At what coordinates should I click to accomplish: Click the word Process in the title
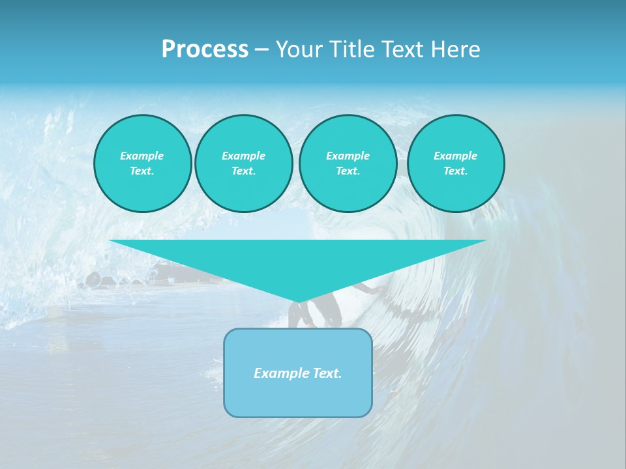[x=205, y=50]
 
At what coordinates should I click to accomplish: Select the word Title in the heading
[x=353, y=50]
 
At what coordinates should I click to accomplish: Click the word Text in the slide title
[x=403, y=50]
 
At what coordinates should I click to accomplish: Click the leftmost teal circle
[x=142, y=163]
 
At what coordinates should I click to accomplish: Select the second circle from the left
[x=243, y=163]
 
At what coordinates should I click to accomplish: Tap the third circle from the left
[x=348, y=163]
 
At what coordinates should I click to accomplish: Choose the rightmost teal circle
[x=455, y=163]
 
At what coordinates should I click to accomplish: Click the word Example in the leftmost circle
[x=142, y=156]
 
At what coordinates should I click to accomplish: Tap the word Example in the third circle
[x=348, y=156]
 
